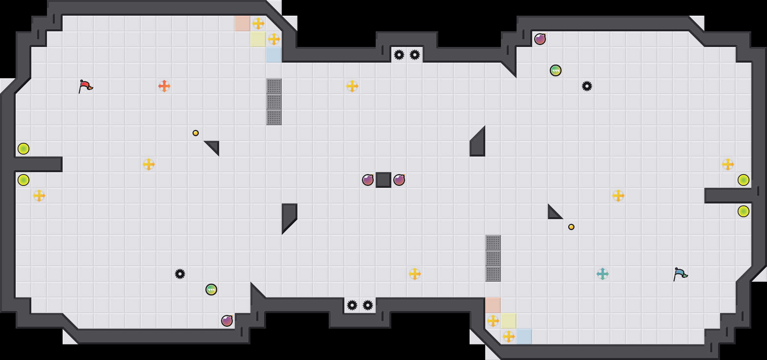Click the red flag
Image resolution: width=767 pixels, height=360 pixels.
85,86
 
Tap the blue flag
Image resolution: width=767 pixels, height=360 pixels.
680,274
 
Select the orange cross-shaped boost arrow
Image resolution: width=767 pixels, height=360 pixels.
164,86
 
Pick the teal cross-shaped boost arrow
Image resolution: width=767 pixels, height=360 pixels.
603,274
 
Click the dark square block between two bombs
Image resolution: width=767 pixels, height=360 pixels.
383,180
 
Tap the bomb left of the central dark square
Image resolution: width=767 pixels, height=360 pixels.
368,180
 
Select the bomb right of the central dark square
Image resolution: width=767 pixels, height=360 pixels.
399,180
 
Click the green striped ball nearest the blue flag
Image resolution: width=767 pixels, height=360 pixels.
556,70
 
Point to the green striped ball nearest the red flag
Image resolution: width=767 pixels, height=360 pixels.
211,290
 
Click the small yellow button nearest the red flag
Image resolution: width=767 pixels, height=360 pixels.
196,133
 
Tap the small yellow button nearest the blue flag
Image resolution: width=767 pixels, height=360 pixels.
571,227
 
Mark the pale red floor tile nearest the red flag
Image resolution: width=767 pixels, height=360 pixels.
243,23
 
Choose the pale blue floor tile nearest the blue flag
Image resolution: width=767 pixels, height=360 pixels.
524,337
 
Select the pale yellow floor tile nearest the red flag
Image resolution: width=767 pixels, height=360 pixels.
258,39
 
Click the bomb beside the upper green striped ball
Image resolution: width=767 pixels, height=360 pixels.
540,39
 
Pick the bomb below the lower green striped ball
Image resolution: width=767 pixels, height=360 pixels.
227,321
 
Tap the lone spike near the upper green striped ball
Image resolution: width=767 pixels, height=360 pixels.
587,86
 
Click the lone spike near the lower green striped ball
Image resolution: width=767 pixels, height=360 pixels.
180,274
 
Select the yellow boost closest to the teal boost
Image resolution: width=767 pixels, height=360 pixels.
618,196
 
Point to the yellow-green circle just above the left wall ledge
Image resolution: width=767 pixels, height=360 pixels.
23,149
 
